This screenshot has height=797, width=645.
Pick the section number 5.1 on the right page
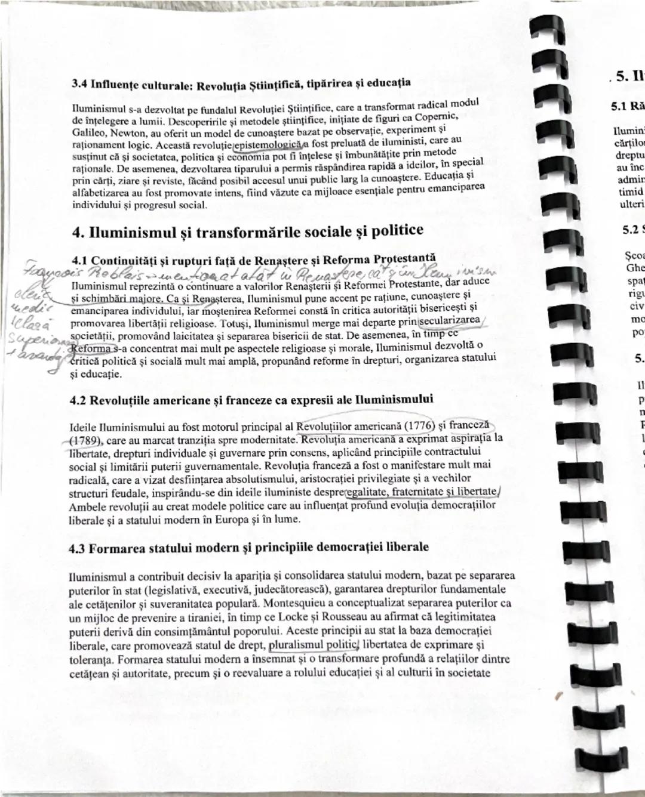(x=619, y=107)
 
